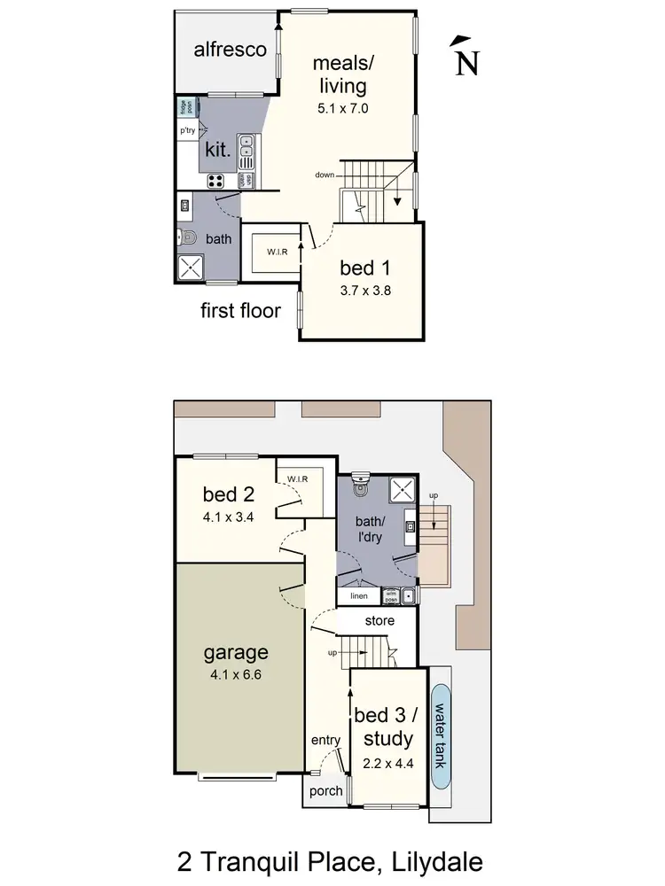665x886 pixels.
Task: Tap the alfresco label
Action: point(231,50)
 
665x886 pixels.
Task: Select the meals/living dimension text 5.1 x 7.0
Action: point(341,109)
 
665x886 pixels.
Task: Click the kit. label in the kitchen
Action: point(218,150)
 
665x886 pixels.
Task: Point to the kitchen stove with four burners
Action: point(215,180)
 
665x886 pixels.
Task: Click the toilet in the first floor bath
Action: point(185,237)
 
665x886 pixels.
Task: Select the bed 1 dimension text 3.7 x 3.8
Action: point(366,291)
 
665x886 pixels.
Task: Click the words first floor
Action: point(240,311)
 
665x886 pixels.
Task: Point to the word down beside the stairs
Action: point(324,175)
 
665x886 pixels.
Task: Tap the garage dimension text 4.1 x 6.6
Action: point(236,674)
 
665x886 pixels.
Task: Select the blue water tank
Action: point(441,734)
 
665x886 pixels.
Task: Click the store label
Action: point(379,621)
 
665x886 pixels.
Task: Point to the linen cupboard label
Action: point(359,595)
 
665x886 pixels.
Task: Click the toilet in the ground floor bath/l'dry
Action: point(360,486)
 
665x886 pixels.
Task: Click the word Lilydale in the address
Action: point(436,861)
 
